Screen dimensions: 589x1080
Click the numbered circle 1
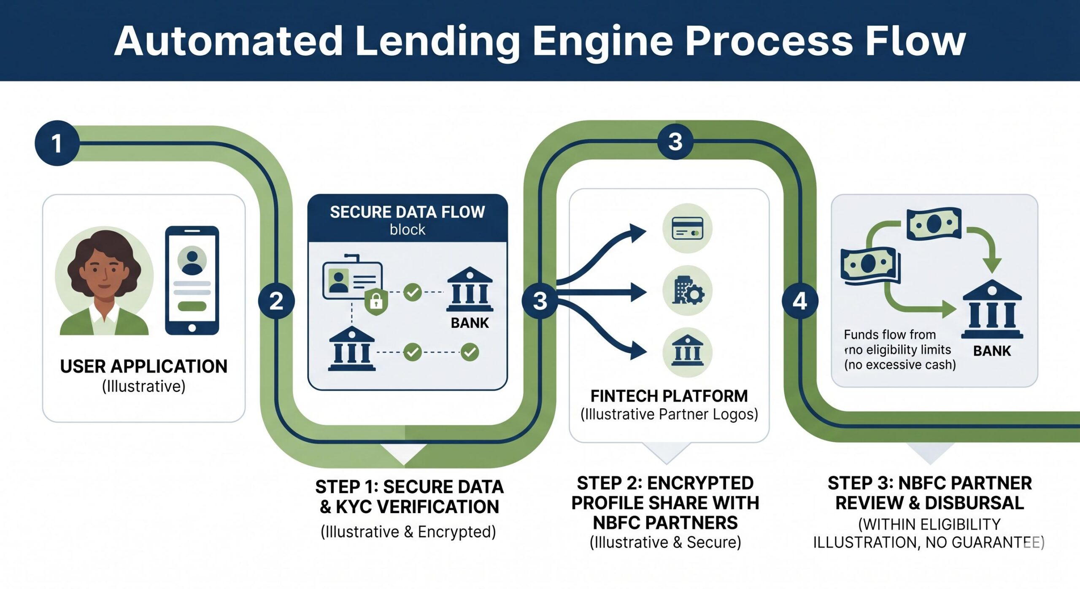coord(57,143)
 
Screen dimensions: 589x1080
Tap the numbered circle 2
coord(276,301)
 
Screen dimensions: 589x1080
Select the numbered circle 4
coord(800,301)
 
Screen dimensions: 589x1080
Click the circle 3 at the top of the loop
coord(675,142)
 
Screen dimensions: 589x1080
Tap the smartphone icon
coord(192,281)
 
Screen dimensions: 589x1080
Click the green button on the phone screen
coord(192,306)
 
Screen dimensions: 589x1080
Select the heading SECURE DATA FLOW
coord(407,212)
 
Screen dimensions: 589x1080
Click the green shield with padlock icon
coord(376,301)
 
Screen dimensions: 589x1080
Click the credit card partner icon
coord(687,228)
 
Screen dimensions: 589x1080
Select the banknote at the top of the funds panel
coord(934,224)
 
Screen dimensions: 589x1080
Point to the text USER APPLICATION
coord(143,366)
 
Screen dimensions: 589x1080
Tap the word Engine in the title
coord(603,41)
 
